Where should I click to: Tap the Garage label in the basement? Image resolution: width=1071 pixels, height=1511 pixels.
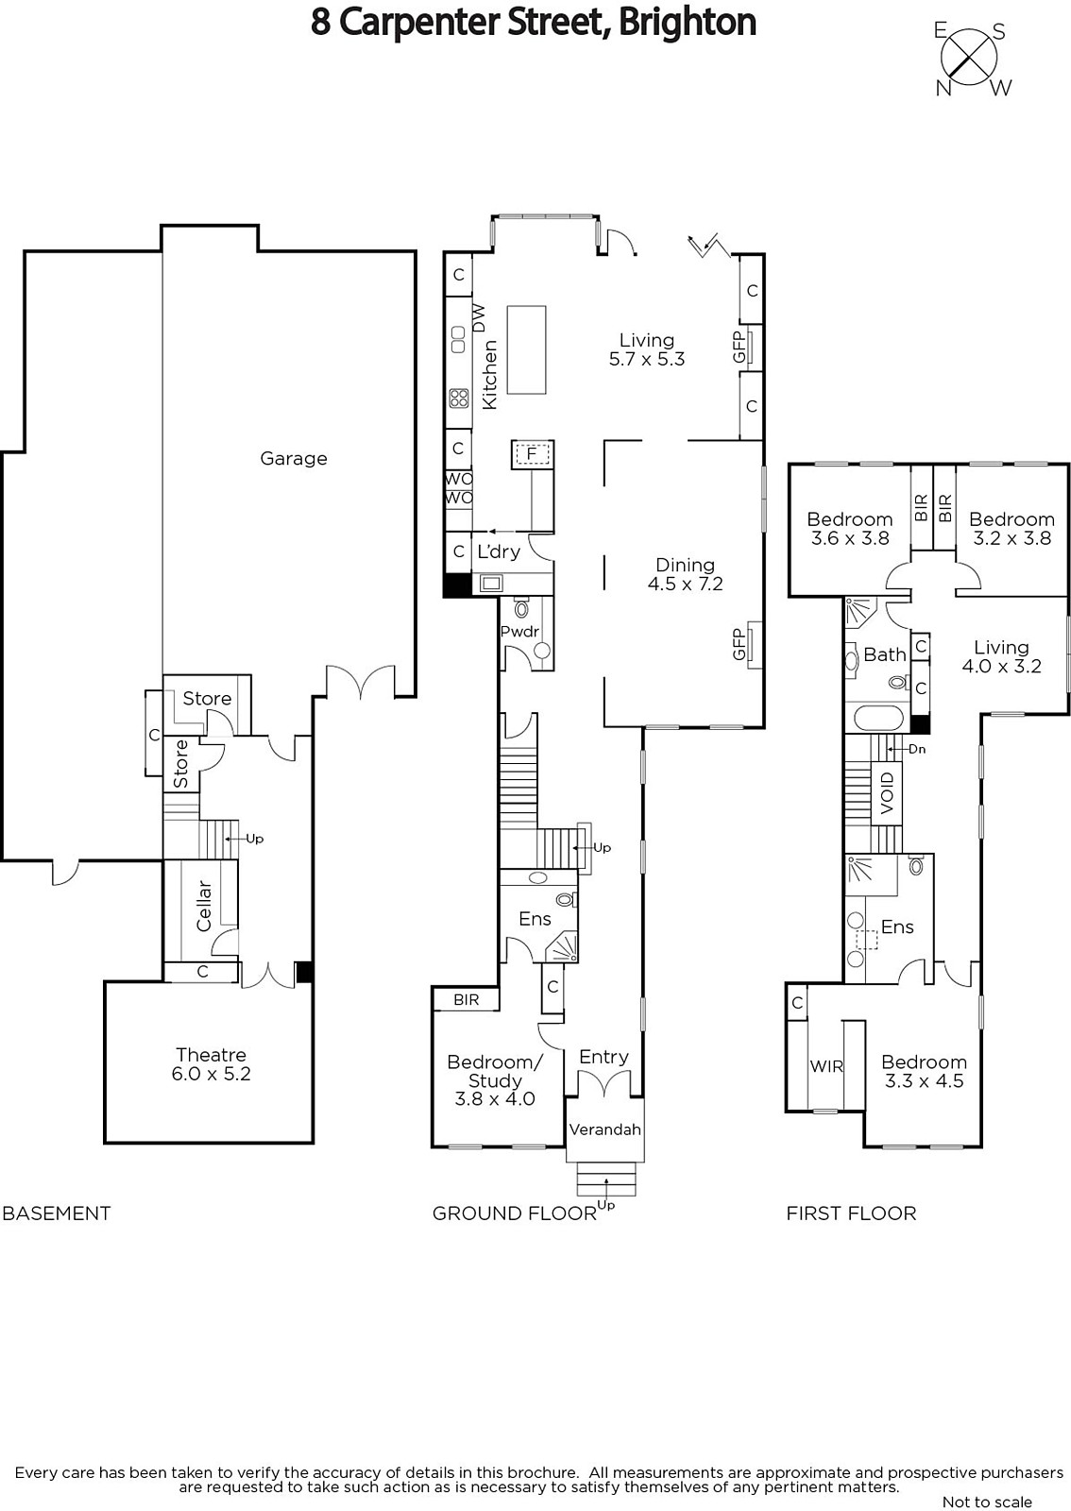(294, 459)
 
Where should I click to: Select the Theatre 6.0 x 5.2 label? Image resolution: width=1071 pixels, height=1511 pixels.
(212, 1063)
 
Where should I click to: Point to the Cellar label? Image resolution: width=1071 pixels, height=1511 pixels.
(204, 906)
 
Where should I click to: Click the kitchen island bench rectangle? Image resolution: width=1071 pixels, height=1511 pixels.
(526, 349)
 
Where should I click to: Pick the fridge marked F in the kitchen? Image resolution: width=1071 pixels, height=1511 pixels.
(532, 454)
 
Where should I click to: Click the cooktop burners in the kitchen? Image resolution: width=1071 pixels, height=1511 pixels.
(459, 399)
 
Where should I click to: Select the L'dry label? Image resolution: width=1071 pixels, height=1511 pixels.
(499, 552)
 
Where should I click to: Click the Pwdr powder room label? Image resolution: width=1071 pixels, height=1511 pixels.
(519, 632)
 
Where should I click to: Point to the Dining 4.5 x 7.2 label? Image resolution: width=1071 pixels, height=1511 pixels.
(686, 575)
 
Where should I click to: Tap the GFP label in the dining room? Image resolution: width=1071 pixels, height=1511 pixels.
(739, 644)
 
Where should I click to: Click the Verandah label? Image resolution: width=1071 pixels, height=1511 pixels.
(605, 1129)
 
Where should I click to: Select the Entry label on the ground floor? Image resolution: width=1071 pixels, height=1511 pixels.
(603, 1057)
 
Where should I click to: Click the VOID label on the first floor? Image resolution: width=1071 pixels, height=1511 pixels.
(887, 792)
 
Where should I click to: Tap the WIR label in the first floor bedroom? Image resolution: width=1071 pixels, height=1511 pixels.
(826, 1066)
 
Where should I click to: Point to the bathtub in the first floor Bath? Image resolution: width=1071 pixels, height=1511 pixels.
(877, 718)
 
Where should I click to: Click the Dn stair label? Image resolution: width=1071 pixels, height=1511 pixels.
(916, 749)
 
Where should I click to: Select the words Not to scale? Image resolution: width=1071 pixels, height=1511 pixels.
(987, 1502)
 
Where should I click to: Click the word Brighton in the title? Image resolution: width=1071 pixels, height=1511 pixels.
(688, 23)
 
